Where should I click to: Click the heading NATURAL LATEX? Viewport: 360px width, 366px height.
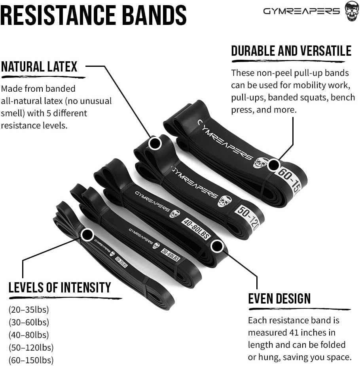[39, 66]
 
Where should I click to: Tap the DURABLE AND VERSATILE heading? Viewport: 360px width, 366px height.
[291, 51]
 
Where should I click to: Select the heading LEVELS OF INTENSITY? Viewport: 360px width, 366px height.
[60, 287]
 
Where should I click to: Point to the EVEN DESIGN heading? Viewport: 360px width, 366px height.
[279, 298]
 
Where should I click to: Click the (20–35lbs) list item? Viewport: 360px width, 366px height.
[28, 309]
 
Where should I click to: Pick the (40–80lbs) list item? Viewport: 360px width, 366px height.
[28, 335]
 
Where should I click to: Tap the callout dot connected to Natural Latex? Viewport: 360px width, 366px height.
[155, 143]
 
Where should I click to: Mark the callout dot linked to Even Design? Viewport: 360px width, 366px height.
[216, 246]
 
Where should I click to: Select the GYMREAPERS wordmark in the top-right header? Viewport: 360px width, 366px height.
[301, 11]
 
